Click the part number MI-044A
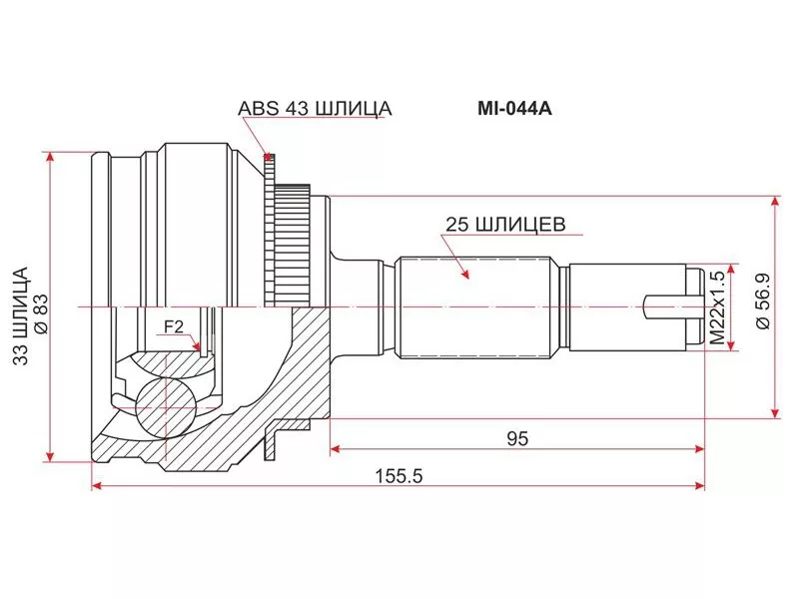[511, 109]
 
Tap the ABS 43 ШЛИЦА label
[314, 109]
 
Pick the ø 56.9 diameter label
[762, 304]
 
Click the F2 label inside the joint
[173, 325]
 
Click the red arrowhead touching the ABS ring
[267, 156]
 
